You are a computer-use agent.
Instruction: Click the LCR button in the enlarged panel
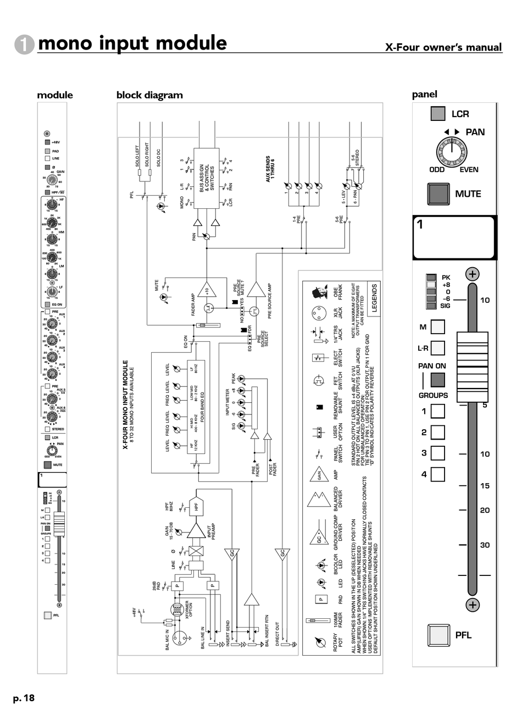(438, 114)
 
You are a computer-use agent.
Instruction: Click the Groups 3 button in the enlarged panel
(437, 453)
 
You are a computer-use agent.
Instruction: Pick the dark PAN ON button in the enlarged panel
(437, 380)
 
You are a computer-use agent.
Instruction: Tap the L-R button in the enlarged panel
(437, 348)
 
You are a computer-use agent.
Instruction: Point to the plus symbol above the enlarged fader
(473, 274)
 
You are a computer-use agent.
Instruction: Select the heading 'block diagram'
(149, 95)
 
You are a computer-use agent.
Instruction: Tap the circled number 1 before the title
(25, 45)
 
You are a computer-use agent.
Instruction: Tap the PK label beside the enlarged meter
(446, 278)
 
